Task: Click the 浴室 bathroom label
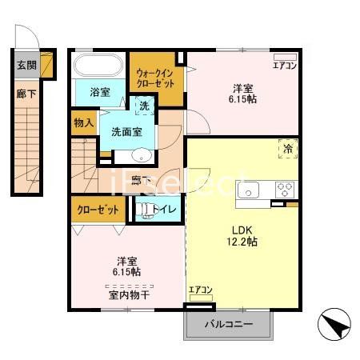pyautogui.click(x=99, y=92)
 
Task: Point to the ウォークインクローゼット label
pyautogui.click(x=155, y=78)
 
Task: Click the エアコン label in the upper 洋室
pyautogui.click(x=285, y=65)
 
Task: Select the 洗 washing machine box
pyautogui.click(x=144, y=106)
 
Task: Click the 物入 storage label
pyautogui.click(x=84, y=123)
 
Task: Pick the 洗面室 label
pyautogui.click(x=126, y=132)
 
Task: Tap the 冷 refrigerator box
pyautogui.click(x=287, y=148)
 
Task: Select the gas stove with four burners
pyautogui.click(x=286, y=190)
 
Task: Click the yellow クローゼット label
pyautogui.click(x=98, y=210)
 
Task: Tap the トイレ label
pyautogui.click(x=170, y=210)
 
